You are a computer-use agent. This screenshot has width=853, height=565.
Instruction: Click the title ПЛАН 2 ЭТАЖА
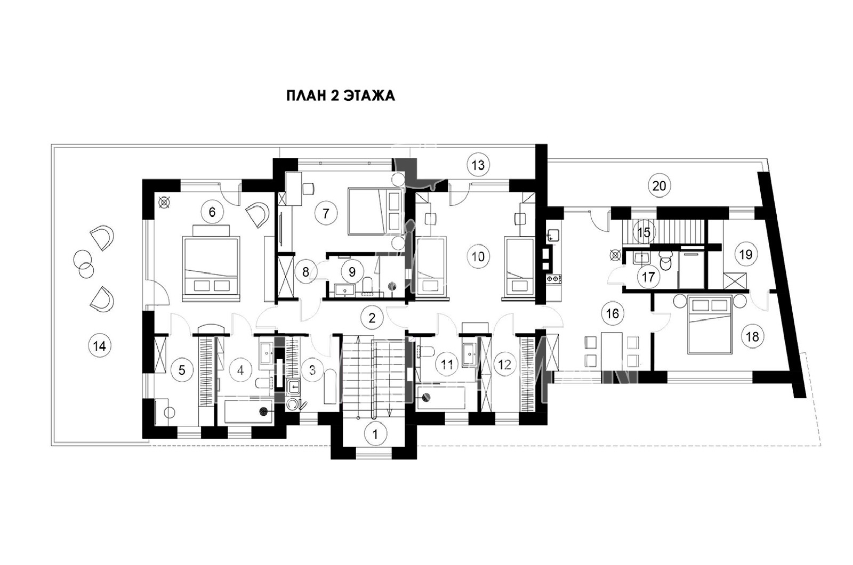tap(341, 95)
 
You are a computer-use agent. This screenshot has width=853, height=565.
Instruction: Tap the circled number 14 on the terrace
tap(100, 346)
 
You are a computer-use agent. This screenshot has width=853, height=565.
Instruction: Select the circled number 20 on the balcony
tap(659, 186)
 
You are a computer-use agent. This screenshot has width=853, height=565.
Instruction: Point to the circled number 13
tap(478, 165)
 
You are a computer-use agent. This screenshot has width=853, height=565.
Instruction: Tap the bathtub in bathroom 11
tap(441, 398)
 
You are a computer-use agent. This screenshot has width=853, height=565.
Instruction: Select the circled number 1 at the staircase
tap(375, 434)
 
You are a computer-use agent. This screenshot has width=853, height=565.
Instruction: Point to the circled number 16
tap(613, 314)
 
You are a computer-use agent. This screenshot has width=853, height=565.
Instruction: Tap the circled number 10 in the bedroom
tap(478, 256)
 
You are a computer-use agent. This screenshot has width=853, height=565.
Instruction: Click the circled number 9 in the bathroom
tap(352, 271)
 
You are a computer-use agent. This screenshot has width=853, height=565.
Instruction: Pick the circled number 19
tap(746, 254)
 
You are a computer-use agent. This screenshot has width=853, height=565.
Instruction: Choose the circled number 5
tap(182, 370)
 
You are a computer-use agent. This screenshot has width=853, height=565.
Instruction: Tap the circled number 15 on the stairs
tap(644, 232)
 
